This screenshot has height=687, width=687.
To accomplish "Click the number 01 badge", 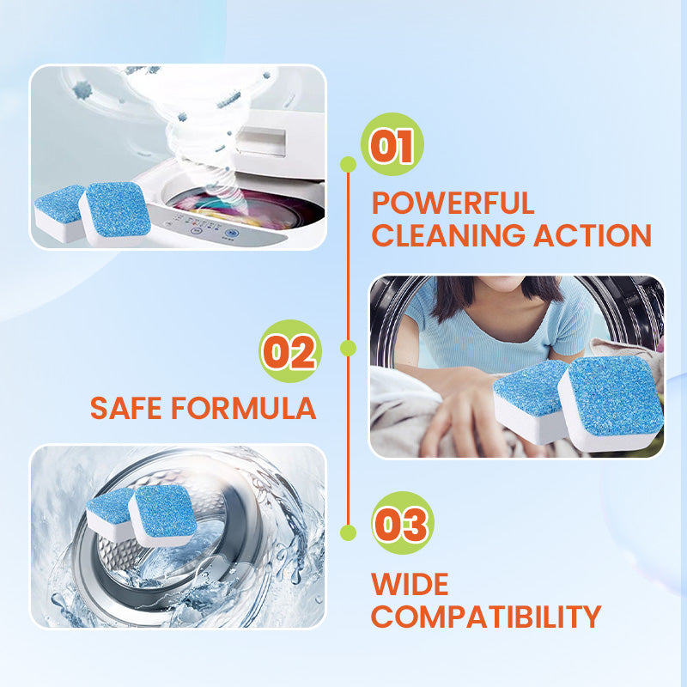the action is [x=392, y=144].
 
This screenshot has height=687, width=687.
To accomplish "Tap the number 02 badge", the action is [x=290, y=351].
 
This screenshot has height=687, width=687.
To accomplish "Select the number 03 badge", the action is [x=403, y=523].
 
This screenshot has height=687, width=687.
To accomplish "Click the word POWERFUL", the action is [x=453, y=204].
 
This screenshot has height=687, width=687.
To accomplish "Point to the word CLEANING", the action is [x=448, y=235].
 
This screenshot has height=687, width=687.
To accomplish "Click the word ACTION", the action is [x=593, y=235].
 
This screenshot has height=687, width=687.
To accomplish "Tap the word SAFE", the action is [x=126, y=408].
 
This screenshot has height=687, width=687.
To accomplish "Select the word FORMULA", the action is [x=244, y=408].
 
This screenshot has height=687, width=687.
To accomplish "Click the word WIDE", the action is [x=410, y=584].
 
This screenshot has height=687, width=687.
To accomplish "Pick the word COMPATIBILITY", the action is [x=486, y=617].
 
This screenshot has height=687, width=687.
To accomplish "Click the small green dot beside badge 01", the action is [x=348, y=164].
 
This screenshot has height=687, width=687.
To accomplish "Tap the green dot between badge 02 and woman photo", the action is [x=348, y=349].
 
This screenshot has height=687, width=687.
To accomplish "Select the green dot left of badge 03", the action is [x=348, y=532].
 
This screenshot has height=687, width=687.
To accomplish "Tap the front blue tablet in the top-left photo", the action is [x=115, y=213].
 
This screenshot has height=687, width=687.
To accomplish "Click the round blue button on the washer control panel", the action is [x=229, y=234].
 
